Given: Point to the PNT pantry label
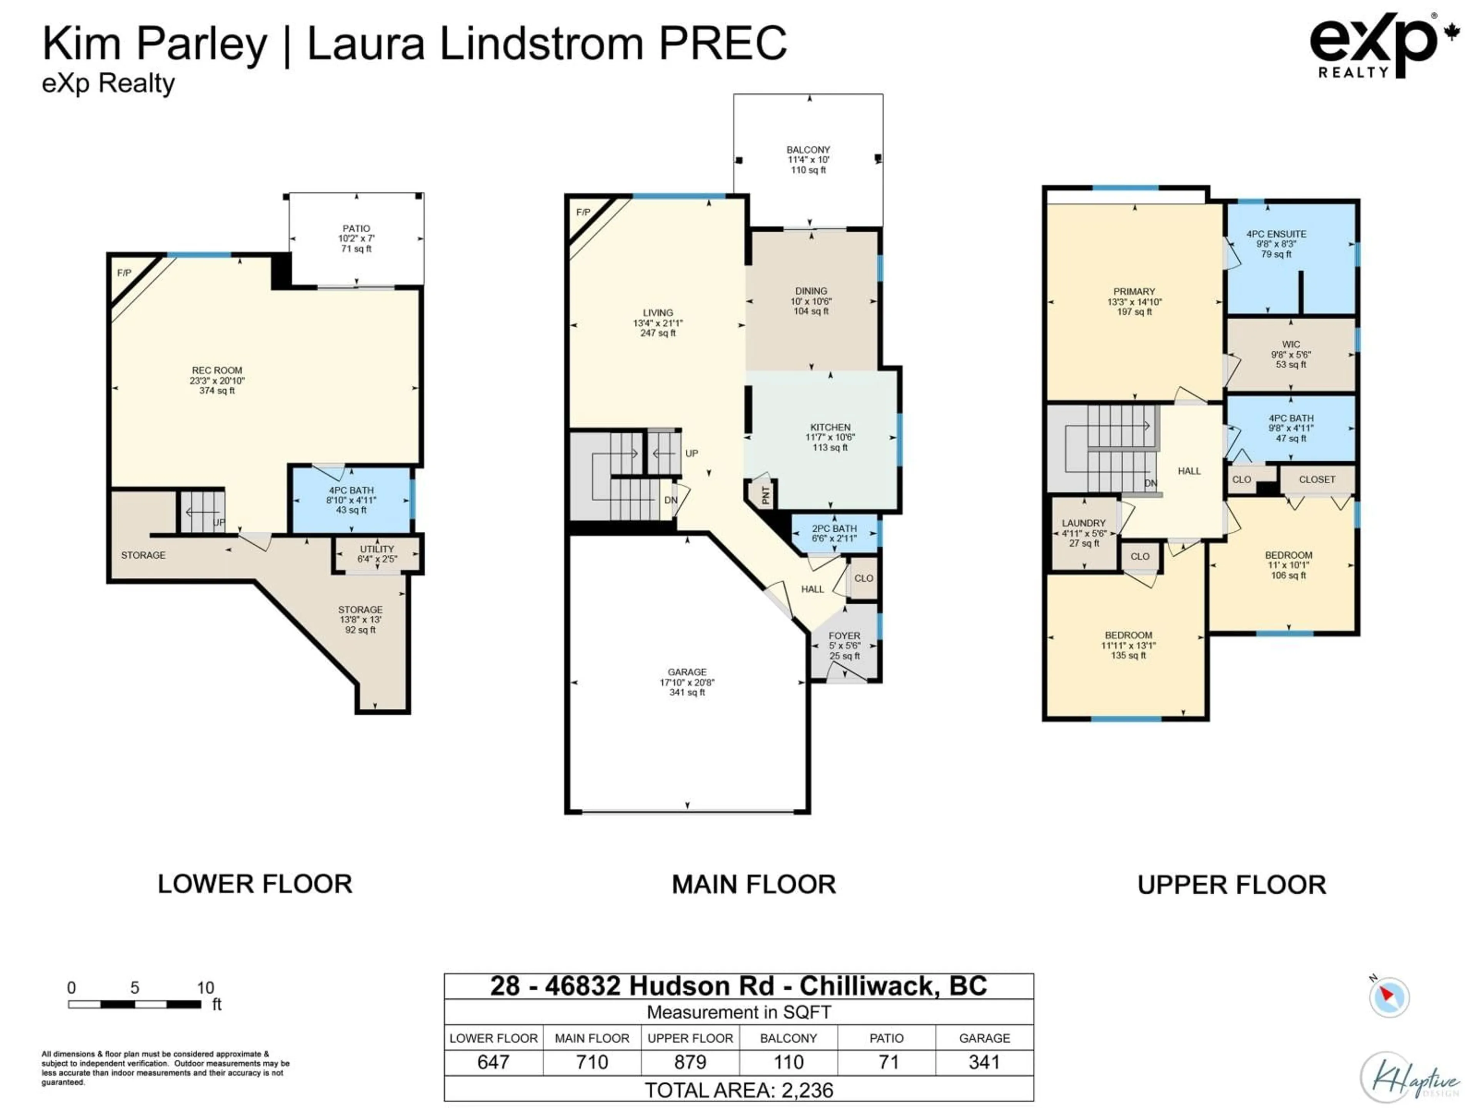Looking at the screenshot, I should point(765,495).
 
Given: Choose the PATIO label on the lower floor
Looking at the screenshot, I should point(356,229).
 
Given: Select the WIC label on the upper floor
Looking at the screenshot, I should point(1291,345).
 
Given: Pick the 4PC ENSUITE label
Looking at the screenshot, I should point(1276,234).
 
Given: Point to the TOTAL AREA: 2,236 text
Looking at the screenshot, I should point(738,1090).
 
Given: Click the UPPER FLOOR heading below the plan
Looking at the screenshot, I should point(1231,885).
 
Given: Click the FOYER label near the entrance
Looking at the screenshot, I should point(844,636).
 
